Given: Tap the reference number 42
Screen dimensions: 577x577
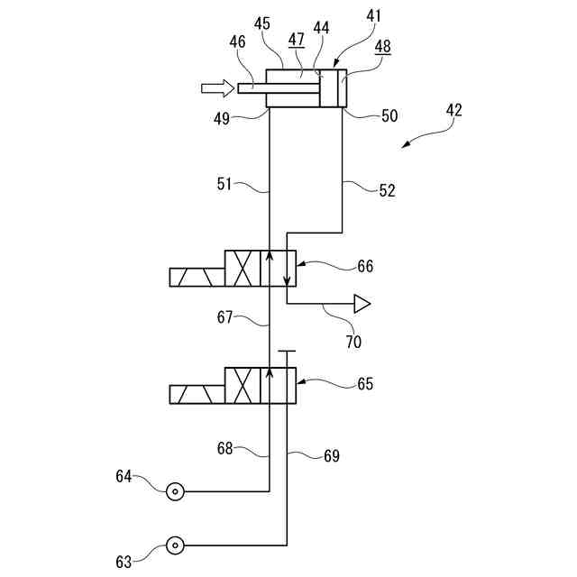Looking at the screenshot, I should (453, 111).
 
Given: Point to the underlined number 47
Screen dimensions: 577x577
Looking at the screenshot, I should (296, 40).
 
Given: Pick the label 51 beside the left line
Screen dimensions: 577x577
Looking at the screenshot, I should (225, 184).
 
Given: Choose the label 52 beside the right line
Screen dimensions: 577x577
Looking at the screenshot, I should (386, 190).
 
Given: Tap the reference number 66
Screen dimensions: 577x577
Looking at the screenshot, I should (365, 267).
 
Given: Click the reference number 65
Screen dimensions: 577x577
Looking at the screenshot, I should (365, 383).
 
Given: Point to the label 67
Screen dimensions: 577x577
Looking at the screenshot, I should (225, 317).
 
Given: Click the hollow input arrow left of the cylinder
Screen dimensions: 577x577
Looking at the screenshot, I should (216, 87).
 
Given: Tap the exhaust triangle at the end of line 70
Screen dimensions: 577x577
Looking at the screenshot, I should (362, 304).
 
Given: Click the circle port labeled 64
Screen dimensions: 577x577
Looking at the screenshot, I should (174, 491).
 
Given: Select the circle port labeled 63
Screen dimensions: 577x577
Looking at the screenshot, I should (174, 545).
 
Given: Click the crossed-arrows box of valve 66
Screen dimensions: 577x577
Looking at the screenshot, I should (243, 269).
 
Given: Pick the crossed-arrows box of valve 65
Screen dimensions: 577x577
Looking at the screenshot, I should (243, 385).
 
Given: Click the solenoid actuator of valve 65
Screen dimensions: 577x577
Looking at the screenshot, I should (197, 394).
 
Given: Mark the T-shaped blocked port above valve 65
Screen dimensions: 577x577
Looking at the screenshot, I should (287, 353).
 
